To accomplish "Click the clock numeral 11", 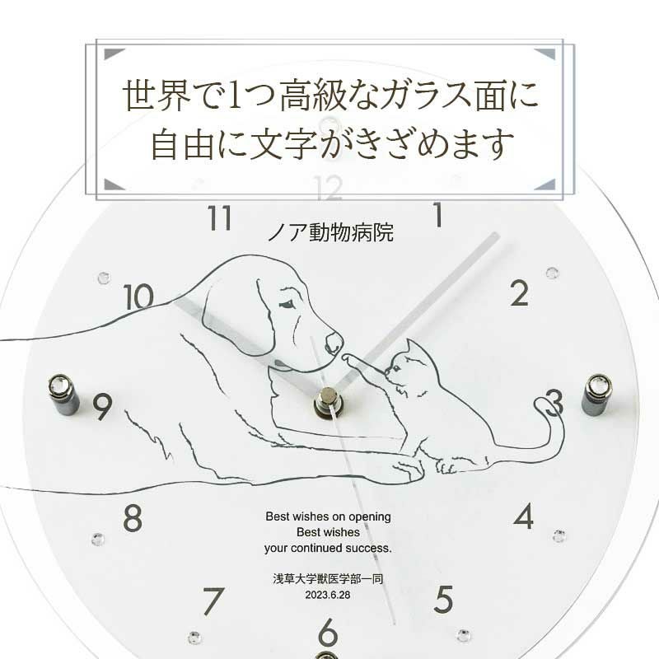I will pos(218,219).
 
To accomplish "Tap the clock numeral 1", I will pos(438,216).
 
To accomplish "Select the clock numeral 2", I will pos(518,292).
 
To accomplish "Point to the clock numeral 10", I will pos(139,296).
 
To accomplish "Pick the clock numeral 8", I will pos(132,519).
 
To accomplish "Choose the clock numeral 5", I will pos(443,596).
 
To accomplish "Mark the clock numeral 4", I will pos(523,517).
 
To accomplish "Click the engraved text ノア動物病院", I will pos(330,233).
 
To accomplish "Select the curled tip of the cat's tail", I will pos(541,404).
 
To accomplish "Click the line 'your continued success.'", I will pos(327,548).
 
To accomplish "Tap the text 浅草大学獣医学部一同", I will pos(327,578).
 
